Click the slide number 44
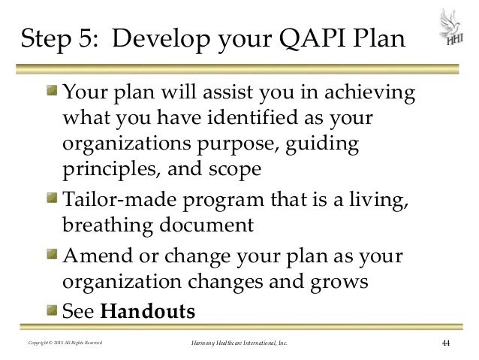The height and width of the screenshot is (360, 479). point(445,344)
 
